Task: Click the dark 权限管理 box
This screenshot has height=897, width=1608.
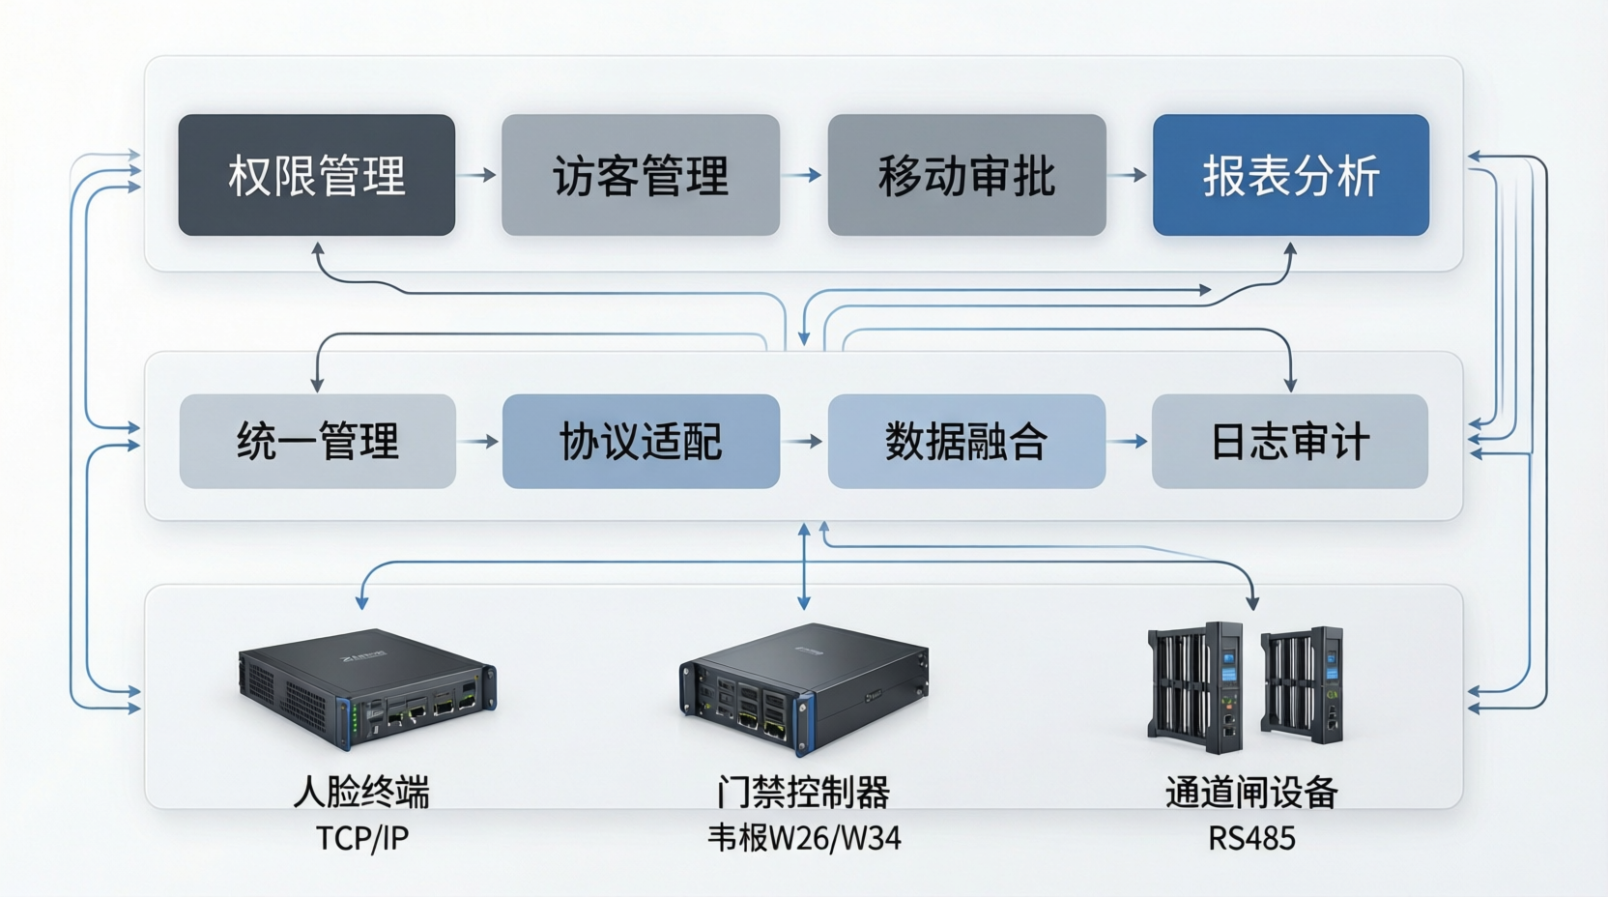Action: point(316,175)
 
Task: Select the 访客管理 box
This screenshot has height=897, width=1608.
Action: point(640,175)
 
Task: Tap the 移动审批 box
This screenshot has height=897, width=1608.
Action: point(966,175)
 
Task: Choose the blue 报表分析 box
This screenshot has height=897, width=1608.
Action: point(1290,175)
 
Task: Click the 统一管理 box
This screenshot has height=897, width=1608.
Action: point(317,441)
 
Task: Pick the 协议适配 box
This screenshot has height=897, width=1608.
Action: point(640,441)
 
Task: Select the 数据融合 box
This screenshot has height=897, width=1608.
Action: point(966,441)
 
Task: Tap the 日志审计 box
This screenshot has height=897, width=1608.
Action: point(1289,441)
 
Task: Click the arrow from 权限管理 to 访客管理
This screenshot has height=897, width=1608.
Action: point(477,175)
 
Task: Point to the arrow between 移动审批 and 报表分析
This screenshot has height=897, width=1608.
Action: point(1128,175)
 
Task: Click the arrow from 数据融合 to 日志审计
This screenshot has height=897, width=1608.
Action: point(1128,441)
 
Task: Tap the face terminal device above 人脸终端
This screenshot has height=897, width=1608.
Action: point(367,687)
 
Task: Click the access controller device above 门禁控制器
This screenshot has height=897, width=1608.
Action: point(804,687)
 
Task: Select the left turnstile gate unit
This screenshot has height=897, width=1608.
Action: point(1195,685)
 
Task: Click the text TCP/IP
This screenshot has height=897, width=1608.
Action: point(361,838)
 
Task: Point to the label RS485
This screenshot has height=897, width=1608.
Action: point(1251,838)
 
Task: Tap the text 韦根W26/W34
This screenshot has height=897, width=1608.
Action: point(804,838)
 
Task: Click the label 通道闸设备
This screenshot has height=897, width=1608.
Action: point(1251,793)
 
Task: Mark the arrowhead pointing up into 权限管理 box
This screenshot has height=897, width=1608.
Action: point(317,248)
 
